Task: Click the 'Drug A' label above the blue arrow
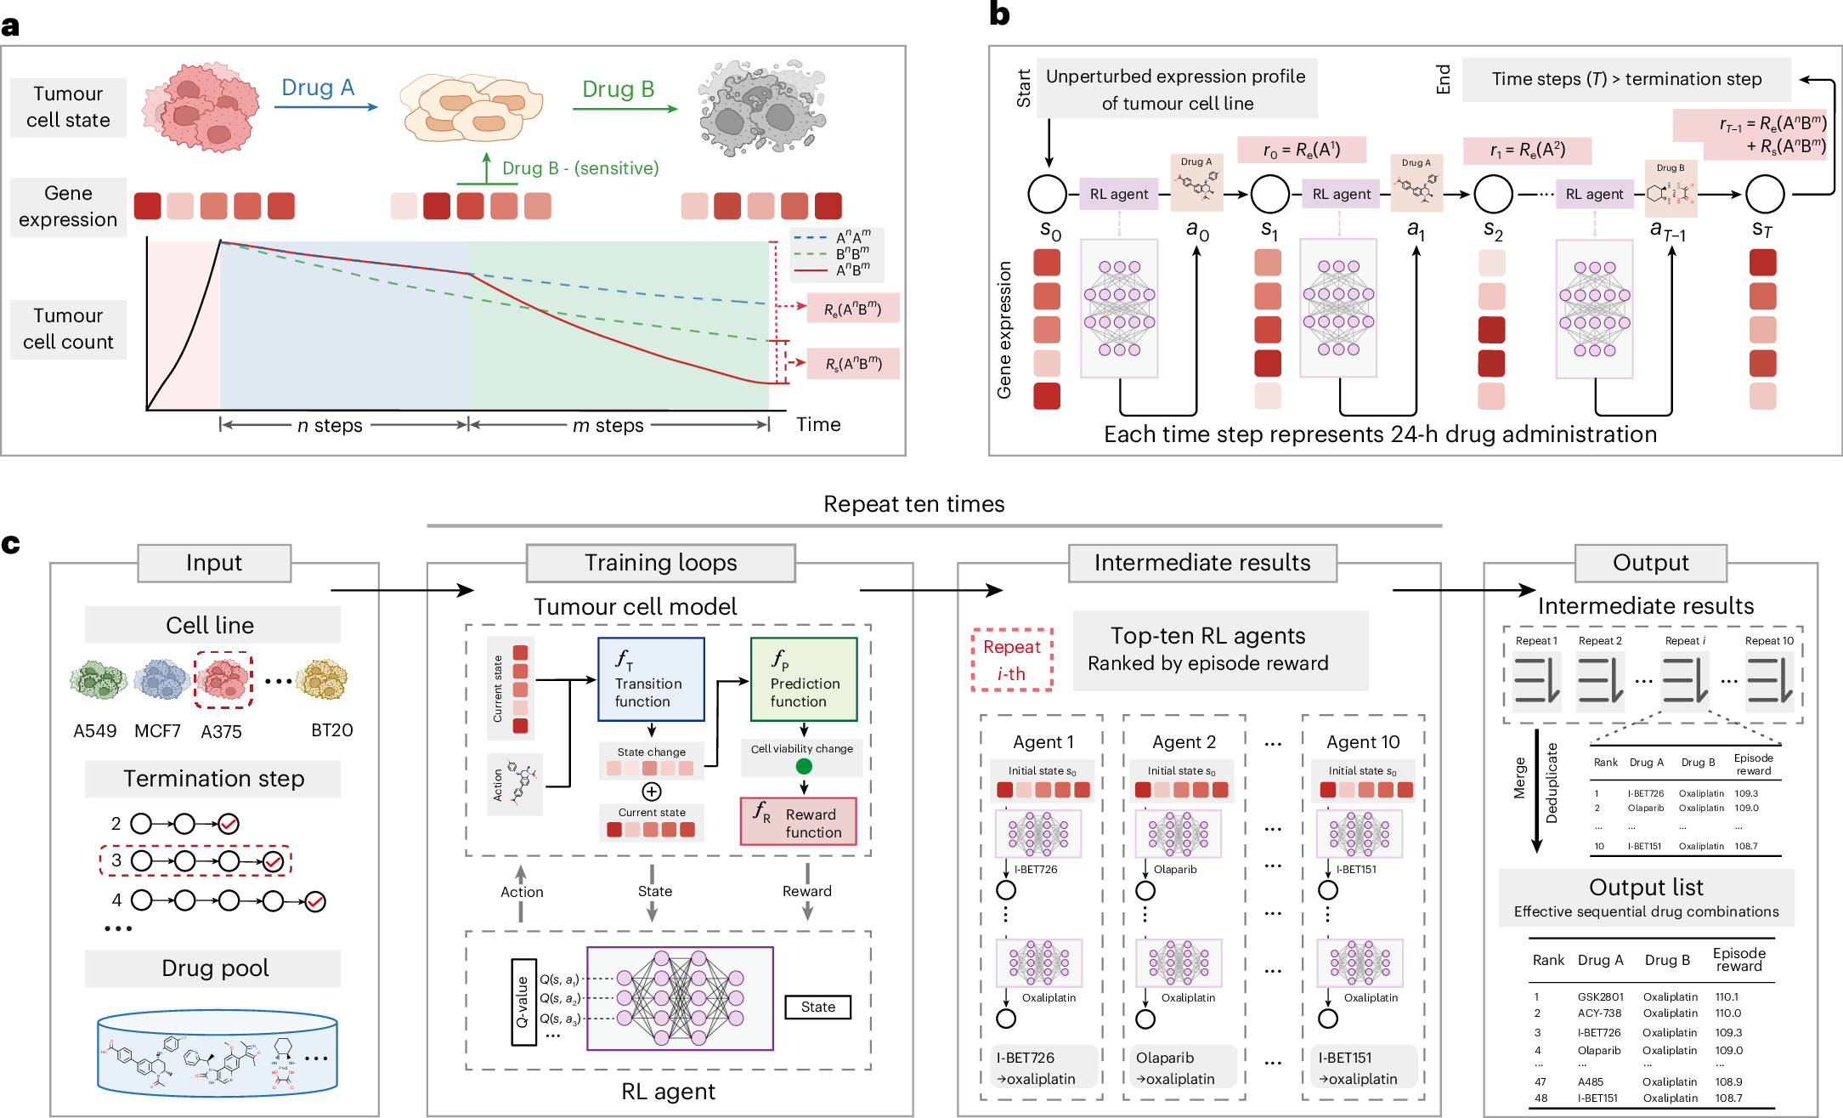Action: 317,88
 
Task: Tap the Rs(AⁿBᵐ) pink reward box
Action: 853,364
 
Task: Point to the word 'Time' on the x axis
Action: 817,424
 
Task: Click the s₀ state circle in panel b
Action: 1047,194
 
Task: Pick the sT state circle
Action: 1764,194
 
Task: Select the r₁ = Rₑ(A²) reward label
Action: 1527,151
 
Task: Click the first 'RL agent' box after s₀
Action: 1118,194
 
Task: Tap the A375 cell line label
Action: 221,731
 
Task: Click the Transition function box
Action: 651,679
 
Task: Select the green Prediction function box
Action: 804,679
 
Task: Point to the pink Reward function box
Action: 799,821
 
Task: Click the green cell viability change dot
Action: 804,766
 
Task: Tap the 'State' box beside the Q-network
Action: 817,1007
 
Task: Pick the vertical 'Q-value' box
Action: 523,1002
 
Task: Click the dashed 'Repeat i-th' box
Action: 1011,660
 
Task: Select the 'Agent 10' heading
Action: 1363,742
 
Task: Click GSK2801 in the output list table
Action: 1600,996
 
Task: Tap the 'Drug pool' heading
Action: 214,968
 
